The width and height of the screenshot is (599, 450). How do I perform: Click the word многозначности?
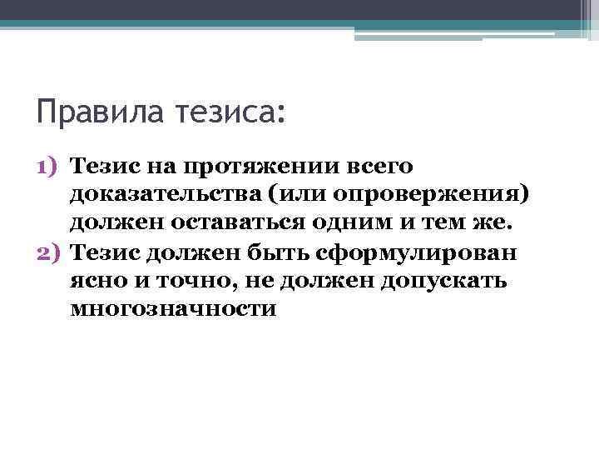173,309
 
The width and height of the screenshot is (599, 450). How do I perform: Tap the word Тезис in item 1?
97,165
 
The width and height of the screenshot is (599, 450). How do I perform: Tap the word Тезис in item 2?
97,252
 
